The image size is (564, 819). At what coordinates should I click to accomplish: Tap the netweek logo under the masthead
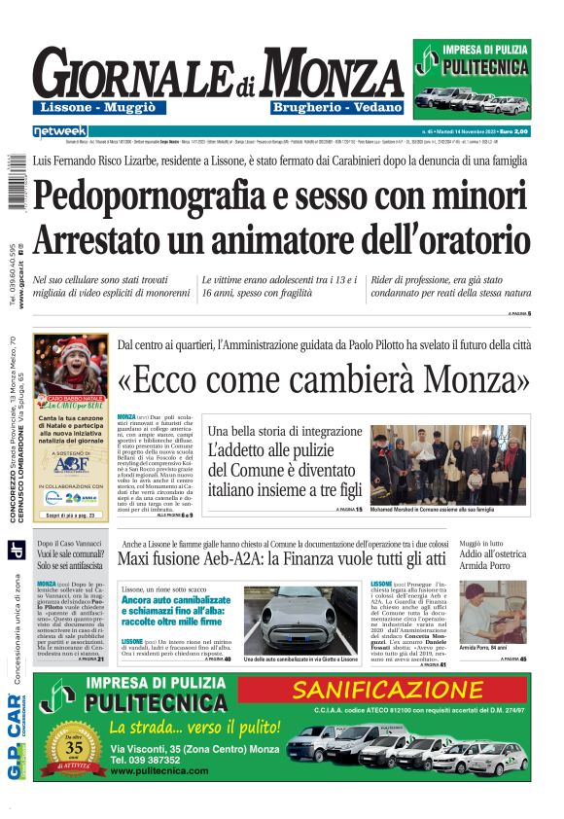tap(59, 131)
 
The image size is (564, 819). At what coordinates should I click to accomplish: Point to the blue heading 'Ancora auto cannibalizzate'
tap(174, 601)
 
